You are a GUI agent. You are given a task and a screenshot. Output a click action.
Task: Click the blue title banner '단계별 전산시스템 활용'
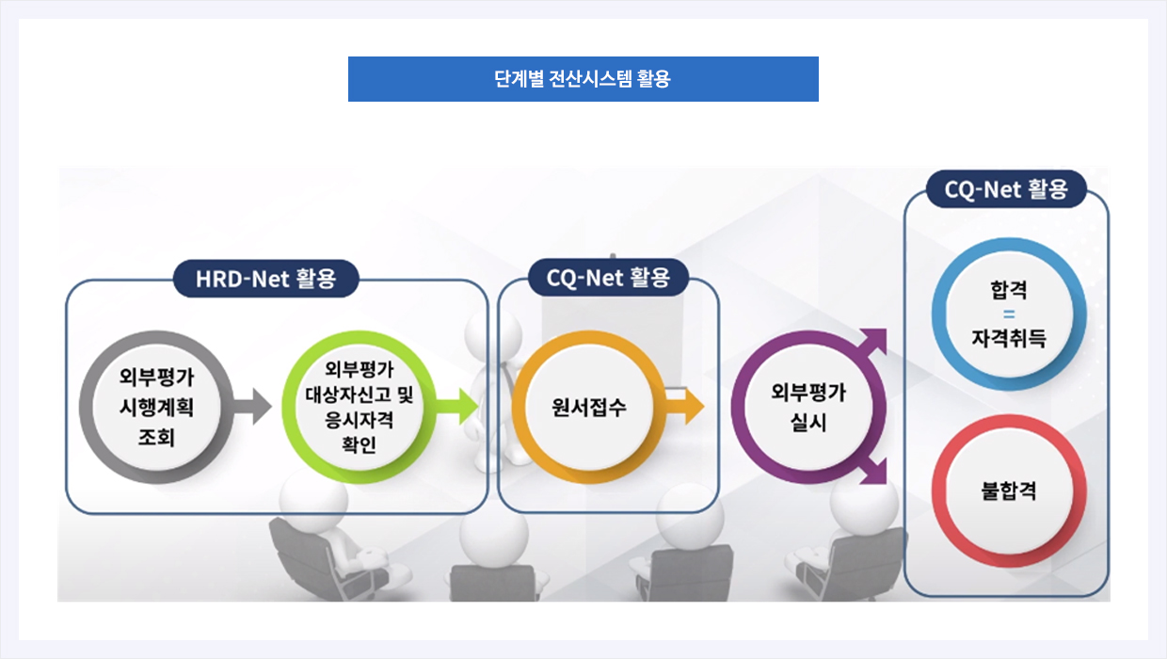click(x=583, y=79)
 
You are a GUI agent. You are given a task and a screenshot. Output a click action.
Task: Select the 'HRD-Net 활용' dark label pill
click(x=265, y=279)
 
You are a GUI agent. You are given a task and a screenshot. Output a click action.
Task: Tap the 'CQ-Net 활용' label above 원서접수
click(x=608, y=278)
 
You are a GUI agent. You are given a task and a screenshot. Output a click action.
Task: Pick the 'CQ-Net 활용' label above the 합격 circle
click(x=1006, y=189)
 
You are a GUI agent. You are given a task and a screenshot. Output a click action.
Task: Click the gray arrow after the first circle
click(x=252, y=407)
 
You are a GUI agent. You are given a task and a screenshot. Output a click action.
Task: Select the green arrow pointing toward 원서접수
click(x=456, y=407)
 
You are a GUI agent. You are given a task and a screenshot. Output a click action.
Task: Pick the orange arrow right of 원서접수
click(x=684, y=407)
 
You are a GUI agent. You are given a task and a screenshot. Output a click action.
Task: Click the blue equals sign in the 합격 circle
click(x=1009, y=314)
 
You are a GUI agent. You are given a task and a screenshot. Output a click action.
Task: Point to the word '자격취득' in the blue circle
click(x=1009, y=339)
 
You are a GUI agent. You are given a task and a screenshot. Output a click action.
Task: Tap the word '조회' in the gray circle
click(x=156, y=437)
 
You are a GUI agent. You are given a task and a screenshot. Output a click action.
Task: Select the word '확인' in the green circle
click(x=359, y=444)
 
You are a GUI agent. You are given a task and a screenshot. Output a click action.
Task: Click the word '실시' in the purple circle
click(x=808, y=423)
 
